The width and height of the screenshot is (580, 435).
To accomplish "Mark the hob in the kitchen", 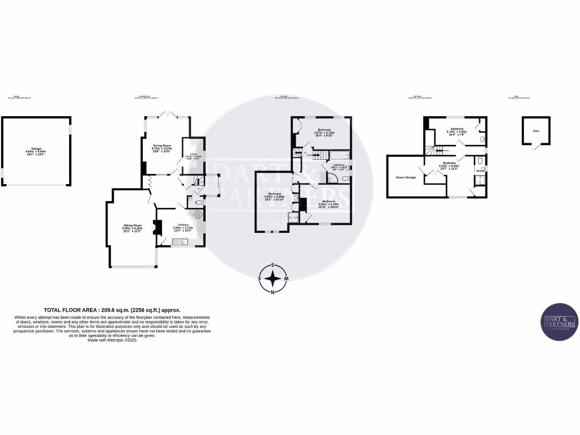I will [x=198, y=215].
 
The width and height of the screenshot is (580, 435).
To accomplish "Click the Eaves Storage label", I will [x=406, y=177].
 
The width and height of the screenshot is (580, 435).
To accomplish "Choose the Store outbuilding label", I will [x=535, y=131].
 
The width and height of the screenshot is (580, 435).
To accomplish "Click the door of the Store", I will [x=535, y=147].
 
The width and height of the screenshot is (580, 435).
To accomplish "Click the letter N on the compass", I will [x=273, y=292].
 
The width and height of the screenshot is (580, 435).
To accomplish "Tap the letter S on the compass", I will [x=273, y=265].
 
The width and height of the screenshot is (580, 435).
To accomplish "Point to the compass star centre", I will [x=273, y=279].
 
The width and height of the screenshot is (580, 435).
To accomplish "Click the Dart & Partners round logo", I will [x=559, y=322].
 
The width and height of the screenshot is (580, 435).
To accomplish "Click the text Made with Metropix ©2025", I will [x=112, y=340].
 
